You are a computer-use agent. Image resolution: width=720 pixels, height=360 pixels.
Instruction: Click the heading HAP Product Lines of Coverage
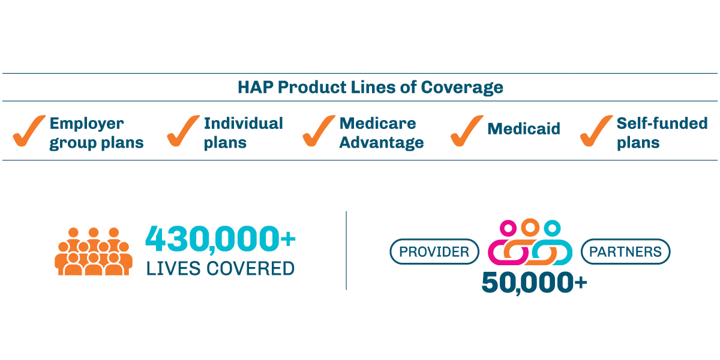click(x=370, y=88)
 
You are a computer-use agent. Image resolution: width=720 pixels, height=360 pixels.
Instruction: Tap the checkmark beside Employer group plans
click(x=28, y=131)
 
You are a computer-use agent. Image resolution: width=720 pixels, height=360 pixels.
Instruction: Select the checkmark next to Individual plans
click(x=182, y=131)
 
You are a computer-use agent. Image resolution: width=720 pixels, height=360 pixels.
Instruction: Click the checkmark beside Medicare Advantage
click(x=318, y=131)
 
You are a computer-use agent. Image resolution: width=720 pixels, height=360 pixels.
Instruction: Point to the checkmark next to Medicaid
click(x=466, y=131)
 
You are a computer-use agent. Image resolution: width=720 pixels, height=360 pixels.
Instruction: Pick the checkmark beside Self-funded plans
click(x=595, y=131)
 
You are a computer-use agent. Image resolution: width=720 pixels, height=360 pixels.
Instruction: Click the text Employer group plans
click(x=96, y=133)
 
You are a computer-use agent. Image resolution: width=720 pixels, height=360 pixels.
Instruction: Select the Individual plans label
click(x=243, y=133)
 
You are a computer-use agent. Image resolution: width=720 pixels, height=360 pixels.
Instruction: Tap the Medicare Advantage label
click(x=381, y=133)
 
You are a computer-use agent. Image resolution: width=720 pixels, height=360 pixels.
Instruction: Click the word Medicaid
click(x=523, y=129)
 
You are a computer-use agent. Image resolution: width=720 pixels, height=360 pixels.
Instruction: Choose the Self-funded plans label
click(x=662, y=133)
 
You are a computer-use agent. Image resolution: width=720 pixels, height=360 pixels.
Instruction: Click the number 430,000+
click(x=220, y=239)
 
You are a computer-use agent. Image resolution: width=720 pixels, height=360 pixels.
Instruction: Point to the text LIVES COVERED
click(x=220, y=268)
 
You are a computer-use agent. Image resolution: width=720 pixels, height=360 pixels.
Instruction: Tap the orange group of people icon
click(x=94, y=252)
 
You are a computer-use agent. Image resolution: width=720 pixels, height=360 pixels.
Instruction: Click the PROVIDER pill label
click(x=434, y=252)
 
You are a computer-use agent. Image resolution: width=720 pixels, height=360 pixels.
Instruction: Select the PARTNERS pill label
click(x=625, y=252)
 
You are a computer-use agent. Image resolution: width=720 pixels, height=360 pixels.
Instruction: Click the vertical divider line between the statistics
click(x=346, y=250)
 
